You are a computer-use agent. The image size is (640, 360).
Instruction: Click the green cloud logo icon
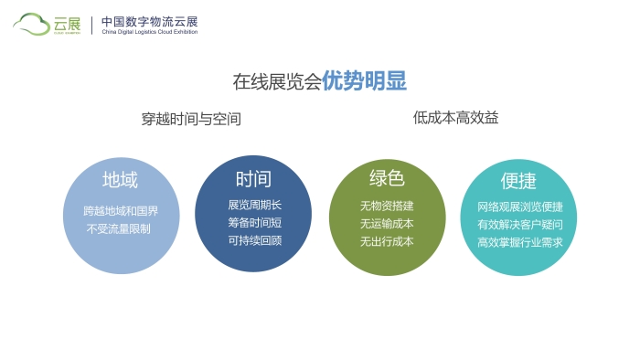[x=32, y=24]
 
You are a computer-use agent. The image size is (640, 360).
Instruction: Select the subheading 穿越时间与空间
[x=191, y=119]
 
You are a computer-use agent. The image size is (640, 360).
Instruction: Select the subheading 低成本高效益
[x=455, y=118]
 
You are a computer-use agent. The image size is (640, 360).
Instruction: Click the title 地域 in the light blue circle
[x=121, y=180]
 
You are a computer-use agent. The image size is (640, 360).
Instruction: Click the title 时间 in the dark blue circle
[x=253, y=178]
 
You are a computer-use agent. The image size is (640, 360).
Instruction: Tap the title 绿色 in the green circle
[x=387, y=178]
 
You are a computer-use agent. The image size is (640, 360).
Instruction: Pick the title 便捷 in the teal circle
[x=518, y=180]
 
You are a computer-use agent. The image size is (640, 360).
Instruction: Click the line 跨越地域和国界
[x=121, y=211]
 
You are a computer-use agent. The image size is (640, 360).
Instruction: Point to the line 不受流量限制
[x=121, y=228]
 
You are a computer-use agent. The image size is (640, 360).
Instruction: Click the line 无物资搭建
[x=387, y=205]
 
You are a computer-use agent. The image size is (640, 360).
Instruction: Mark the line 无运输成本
[x=387, y=223]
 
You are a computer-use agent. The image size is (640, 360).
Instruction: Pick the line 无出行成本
[x=387, y=241]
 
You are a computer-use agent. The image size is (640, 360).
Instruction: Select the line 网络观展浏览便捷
[x=519, y=206]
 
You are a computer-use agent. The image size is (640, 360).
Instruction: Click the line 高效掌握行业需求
[x=519, y=242]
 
